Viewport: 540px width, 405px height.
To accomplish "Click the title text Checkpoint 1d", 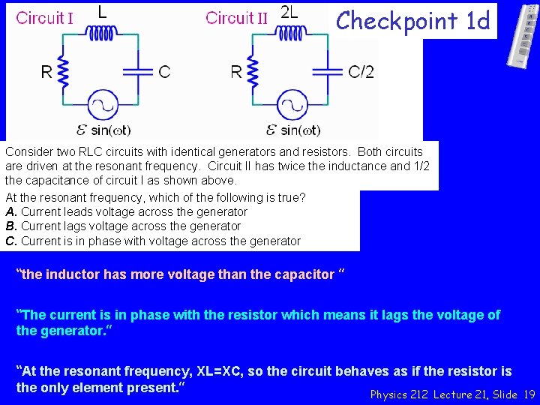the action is (x=413, y=20).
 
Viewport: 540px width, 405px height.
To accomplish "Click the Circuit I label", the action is (x=44, y=17).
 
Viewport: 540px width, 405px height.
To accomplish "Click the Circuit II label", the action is (x=236, y=17).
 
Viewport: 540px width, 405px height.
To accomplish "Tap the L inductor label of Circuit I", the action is (x=103, y=11).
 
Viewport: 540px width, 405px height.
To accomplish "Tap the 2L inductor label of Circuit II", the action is (x=289, y=11).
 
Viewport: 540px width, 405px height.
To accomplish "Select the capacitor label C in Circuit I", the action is (x=164, y=72).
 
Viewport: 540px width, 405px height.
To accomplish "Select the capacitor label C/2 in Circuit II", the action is (x=361, y=72).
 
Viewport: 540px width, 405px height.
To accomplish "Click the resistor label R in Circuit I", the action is (x=46, y=72).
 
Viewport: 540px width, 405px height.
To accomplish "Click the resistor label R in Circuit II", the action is (x=236, y=72).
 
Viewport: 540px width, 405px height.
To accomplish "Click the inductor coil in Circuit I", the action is (x=104, y=32).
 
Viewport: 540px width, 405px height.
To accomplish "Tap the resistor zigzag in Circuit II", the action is (x=253, y=71).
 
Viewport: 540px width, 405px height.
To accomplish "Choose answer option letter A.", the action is (x=10, y=212).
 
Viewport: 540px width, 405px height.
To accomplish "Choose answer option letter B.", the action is (x=10, y=226).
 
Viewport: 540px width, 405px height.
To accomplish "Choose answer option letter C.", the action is (x=10, y=241).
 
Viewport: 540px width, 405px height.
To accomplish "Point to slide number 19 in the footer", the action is (x=529, y=394).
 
